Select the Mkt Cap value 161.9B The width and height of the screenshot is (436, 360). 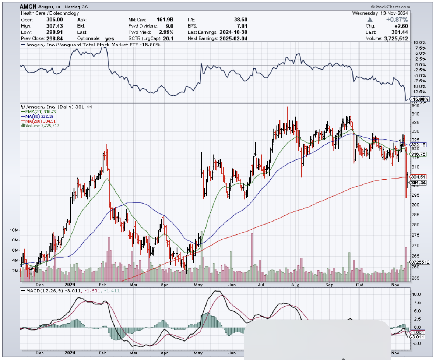point(166,20)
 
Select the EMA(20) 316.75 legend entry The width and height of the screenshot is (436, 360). point(39,111)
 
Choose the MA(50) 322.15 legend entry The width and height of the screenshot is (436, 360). point(38,116)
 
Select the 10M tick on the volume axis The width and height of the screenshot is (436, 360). point(15,230)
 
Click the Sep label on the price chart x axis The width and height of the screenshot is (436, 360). point(329,284)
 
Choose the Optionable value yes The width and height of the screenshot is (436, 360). point(109,39)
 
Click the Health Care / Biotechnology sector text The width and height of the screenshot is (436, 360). point(50,13)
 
